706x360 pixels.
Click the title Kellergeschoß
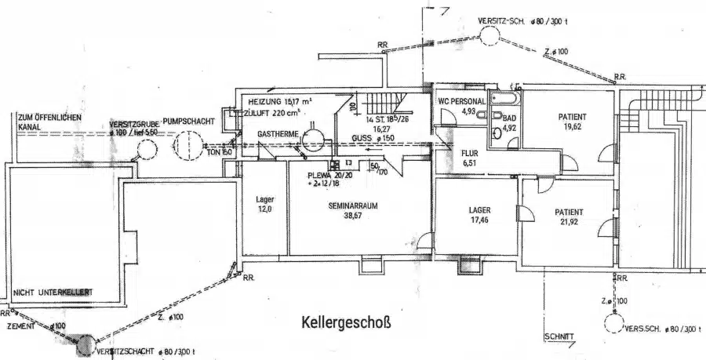[x=346, y=322]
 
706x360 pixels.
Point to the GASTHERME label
[x=278, y=135]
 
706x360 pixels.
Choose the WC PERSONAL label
[x=463, y=102]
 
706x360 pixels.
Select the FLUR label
[x=470, y=154]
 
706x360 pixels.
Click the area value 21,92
[x=568, y=223]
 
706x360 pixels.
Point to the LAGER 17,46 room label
[x=479, y=210]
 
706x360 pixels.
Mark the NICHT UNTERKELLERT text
[x=53, y=293]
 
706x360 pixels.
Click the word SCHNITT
[x=559, y=336]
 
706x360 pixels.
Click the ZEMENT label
[x=21, y=324]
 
